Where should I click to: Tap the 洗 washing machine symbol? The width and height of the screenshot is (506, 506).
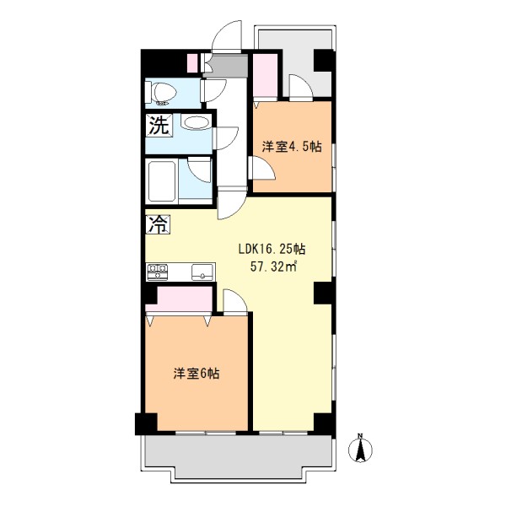point(159,125)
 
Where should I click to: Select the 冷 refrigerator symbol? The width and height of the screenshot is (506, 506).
point(159,224)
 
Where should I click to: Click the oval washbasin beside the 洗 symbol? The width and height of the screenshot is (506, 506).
point(196,122)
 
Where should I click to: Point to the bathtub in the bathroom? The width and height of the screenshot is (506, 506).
point(162,181)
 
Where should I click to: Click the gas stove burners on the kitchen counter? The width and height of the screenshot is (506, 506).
point(158,272)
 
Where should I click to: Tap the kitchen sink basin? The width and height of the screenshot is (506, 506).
point(202,272)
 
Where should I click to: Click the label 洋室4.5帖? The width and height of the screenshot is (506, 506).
point(292,147)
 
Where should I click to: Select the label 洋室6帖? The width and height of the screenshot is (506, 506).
point(196,374)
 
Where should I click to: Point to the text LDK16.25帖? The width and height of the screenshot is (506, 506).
point(272,249)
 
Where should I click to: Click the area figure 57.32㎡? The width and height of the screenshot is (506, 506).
point(273,266)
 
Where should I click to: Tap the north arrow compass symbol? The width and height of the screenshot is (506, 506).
point(360,449)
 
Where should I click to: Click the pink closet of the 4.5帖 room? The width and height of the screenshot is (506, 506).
point(266,76)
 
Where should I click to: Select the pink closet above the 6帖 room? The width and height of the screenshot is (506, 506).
point(180,299)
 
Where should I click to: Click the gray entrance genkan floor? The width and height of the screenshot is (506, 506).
point(227,66)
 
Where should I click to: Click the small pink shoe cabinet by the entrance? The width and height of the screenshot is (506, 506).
point(192,63)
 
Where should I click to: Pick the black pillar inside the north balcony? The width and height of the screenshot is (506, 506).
point(323,61)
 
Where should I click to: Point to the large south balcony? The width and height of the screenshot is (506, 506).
point(238,456)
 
